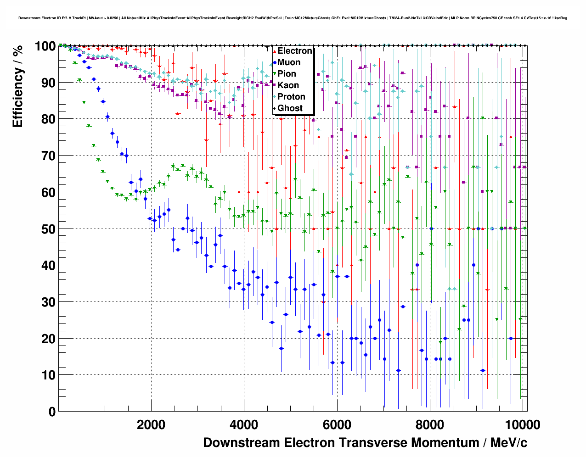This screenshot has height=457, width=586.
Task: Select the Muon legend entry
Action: pos(289,62)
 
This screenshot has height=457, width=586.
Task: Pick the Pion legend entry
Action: pos(287,74)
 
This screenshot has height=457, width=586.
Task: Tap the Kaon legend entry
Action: pos(288,85)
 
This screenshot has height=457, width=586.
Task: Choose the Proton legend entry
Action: pos(291,97)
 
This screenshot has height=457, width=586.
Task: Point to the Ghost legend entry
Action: pos(290,108)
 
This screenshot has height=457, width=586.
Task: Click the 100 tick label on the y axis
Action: pos(45,46)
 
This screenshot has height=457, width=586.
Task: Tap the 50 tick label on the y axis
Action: pos(48,229)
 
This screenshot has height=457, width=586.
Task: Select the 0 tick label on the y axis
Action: pos(52,412)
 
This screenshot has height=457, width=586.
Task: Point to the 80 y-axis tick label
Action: pos(48,119)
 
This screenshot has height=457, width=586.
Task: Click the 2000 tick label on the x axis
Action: pos(151,424)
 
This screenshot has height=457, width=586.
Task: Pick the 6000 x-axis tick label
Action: pos(337,424)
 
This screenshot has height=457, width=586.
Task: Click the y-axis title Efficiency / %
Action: pos(17,86)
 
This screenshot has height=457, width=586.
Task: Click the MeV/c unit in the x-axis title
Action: pos(508,443)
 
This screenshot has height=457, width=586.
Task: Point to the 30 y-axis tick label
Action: pos(48,302)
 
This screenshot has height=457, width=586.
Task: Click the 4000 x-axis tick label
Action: pos(244,424)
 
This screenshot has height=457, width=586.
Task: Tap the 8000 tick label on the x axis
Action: pos(429,424)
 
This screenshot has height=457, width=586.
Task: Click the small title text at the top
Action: pos(293,18)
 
